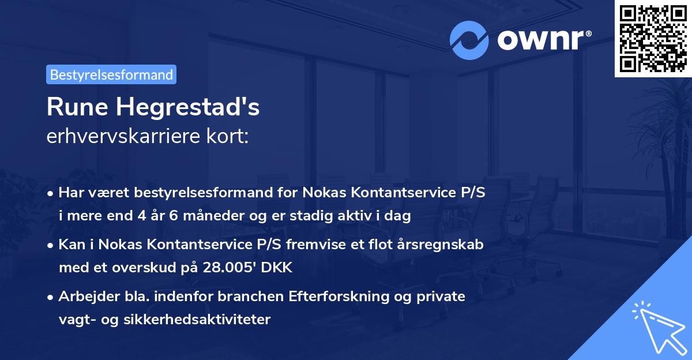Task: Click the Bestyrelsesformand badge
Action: (111, 74)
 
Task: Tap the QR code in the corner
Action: (653, 38)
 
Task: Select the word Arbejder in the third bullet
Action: (82, 297)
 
